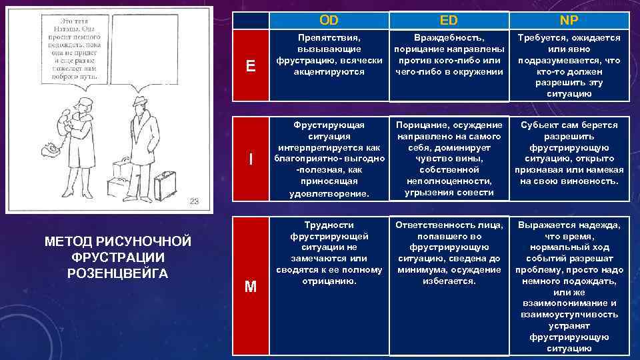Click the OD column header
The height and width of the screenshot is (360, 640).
pos(329,20)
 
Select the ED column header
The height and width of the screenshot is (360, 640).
pos(449,20)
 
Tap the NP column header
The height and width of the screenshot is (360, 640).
pos(568,20)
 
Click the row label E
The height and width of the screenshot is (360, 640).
pos(251,65)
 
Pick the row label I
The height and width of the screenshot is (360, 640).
pos(251,159)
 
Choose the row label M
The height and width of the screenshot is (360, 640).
pos(251,287)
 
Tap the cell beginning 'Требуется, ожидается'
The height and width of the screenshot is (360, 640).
pos(568,65)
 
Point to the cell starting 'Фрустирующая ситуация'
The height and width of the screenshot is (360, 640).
pos(329,159)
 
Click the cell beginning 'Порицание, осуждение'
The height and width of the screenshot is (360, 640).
pos(449,159)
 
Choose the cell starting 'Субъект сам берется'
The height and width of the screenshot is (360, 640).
pos(568,153)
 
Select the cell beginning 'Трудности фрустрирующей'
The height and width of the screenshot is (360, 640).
pos(329,253)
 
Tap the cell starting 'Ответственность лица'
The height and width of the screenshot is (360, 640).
pos(449,253)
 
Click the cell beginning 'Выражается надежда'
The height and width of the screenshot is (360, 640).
pos(568,287)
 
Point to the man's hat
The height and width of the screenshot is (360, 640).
pos(141,100)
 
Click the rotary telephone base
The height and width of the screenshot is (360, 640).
pos(51,149)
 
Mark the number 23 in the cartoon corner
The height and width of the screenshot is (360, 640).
pos(193,201)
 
